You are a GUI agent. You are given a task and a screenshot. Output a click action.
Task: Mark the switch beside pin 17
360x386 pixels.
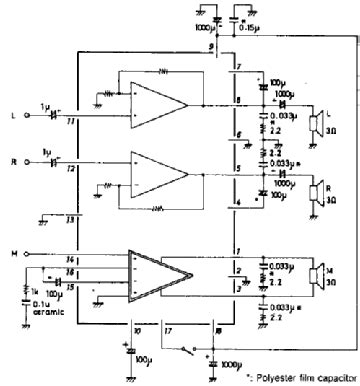tap(187, 349)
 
